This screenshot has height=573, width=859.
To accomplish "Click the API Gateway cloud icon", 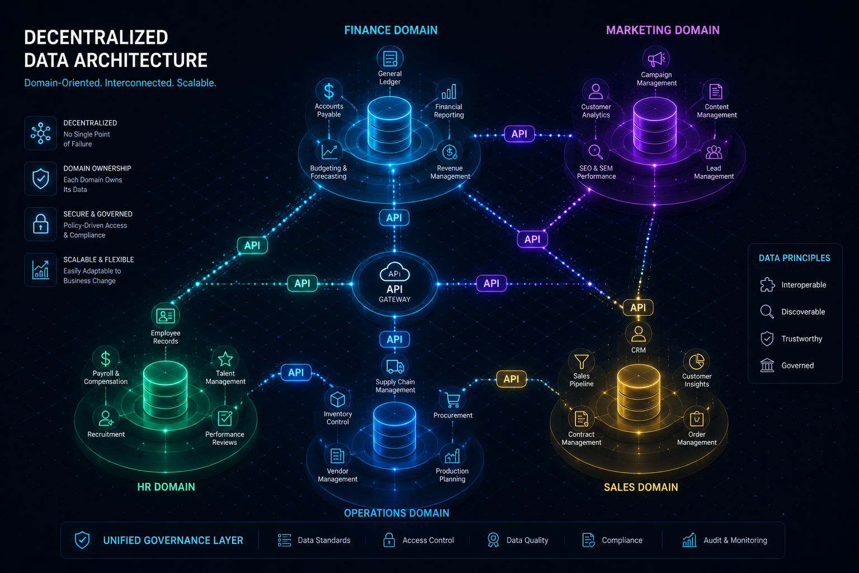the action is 395,272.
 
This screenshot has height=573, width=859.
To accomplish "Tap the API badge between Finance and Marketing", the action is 519,134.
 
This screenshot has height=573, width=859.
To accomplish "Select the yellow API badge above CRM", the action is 638,307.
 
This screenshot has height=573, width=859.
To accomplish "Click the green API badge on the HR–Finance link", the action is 252,245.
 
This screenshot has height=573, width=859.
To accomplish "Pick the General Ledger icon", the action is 390,59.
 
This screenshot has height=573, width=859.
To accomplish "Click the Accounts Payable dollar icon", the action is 329,91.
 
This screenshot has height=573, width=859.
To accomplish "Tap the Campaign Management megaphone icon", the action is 656,59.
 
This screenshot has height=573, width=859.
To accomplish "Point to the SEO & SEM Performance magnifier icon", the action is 596,152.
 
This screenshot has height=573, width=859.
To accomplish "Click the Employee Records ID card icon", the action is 166,316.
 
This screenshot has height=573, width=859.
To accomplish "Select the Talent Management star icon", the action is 225,359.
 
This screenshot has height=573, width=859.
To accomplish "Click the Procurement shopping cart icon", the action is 453,400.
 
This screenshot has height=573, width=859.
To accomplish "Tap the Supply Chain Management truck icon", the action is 395,367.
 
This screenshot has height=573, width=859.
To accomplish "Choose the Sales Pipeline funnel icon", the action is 582,361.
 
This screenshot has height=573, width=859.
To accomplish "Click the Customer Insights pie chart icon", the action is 696,361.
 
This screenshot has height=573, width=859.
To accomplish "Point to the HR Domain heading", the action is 166,487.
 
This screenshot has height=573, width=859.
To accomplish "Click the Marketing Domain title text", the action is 663,30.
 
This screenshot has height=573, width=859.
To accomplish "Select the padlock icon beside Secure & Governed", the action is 41,224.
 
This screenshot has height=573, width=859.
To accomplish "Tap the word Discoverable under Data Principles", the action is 803,312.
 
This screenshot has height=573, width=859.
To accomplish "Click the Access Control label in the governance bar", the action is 428,540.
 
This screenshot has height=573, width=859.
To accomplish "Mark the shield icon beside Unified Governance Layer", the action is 82,540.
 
